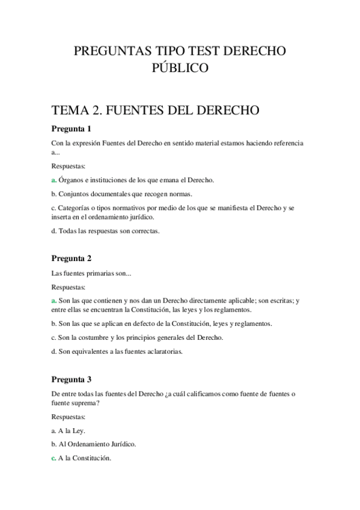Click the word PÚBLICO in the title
click(x=180, y=69)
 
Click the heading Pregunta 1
click(x=71, y=129)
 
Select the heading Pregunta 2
click(x=71, y=259)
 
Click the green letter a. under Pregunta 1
click(x=54, y=180)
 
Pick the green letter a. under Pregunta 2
click(x=54, y=300)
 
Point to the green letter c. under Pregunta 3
click(x=54, y=458)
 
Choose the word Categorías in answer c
click(x=76, y=207)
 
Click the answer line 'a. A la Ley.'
click(x=69, y=430)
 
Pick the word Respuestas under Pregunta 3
click(x=69, y=416)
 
